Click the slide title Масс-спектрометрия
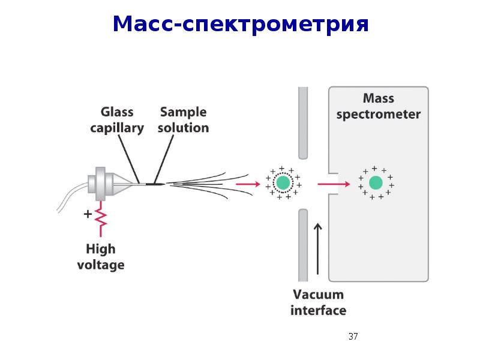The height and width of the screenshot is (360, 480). [241, 24]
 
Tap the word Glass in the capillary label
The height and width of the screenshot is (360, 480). [117, 112]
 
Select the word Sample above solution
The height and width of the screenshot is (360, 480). [183, 112]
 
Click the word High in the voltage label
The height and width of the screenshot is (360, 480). [101, 249]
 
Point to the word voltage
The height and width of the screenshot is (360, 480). [101, 265]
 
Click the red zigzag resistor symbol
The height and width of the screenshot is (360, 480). [101, 218]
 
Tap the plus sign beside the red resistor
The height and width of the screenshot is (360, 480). [88, 214]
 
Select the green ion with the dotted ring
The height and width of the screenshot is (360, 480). [283, 183]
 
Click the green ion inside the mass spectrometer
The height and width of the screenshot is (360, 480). [376, 183]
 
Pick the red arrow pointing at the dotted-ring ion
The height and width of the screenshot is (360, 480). [248, 184]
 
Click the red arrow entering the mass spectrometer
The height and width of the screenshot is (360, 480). [334, 184]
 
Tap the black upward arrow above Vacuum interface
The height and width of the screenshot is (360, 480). [318, 248]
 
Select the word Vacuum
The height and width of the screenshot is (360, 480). [319, 295]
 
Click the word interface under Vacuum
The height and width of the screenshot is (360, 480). [319, 310]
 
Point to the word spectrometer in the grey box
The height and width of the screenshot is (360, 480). [379, 115]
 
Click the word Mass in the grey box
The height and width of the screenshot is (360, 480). [379, 98]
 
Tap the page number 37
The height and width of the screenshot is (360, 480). [353, 337]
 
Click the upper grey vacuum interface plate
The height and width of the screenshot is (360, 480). [303, 123]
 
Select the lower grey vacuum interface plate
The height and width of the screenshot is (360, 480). [303, 245]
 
